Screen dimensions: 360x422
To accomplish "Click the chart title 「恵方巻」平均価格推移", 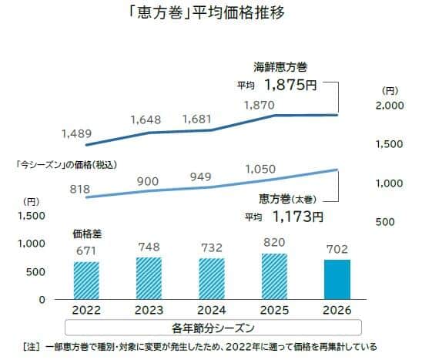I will [x=210, y=14].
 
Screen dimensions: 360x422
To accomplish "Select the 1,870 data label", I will [x=260, y=103].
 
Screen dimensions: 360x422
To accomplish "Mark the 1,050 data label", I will [x=260, y=168].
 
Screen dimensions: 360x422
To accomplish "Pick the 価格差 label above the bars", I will [x=85, y=232].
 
